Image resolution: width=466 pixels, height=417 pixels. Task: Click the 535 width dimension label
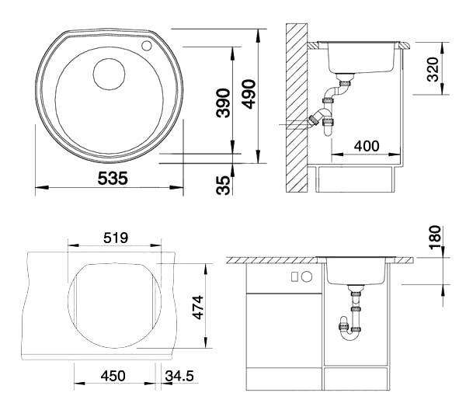click(x=113, y=178)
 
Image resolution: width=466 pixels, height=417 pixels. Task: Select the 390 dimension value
click(x=223, y=103)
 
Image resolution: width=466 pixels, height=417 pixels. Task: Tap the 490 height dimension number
click(x=249, y=94)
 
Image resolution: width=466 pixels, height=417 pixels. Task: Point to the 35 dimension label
click(x=223, y=185)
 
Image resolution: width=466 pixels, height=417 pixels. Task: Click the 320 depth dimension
click(x=433, y=69)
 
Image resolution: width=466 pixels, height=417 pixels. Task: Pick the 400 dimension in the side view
click(x=367, y=146)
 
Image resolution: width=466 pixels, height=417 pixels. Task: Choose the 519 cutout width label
click(x=116, y=238)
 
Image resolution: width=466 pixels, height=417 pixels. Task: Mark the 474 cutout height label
click(x=197, y=307)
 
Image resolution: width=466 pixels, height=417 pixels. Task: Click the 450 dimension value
click(x=113, y=376)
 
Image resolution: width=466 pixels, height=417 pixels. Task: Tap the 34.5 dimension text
click(x=179, y=376)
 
